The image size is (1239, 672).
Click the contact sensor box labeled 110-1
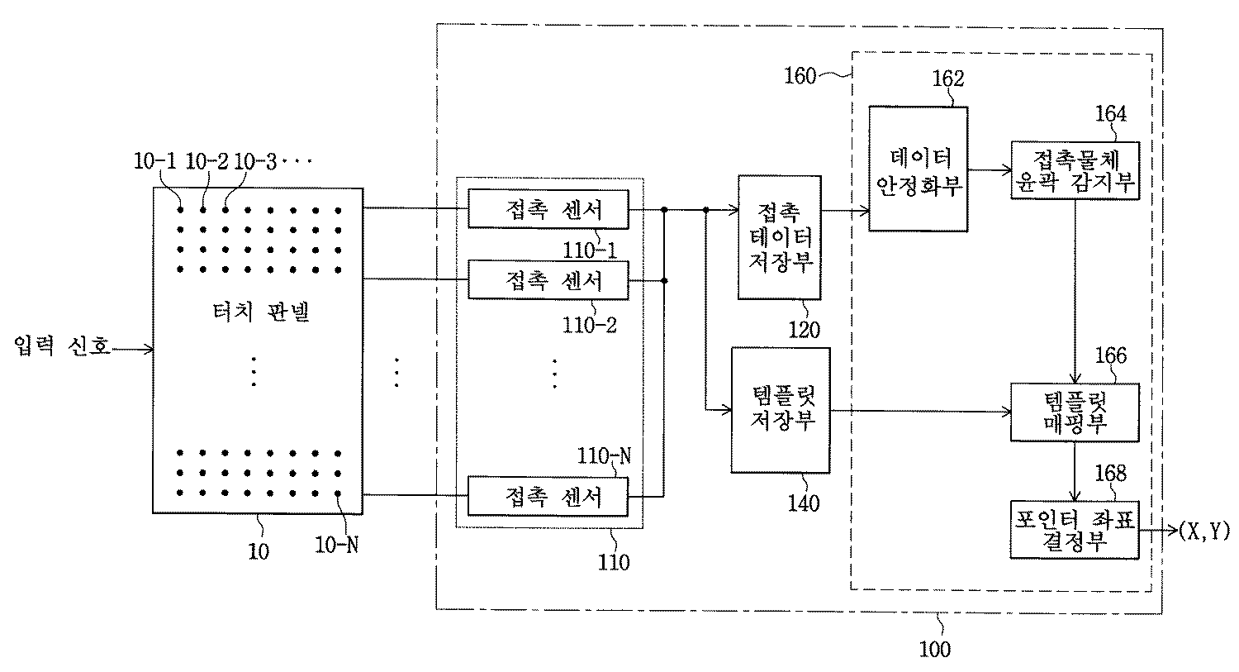pos(548,208)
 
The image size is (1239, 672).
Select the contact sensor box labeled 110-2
pos(548,280)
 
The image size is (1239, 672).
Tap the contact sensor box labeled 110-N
pos(548,496)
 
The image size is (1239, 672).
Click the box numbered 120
pos(779,237)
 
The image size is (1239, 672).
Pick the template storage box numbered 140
pos(780,409)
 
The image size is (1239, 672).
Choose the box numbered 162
pos(919,169)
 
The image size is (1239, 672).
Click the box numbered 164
pos(1075,169)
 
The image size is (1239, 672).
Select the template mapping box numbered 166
pos(1075,412)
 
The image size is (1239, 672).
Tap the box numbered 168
pos(1075,529)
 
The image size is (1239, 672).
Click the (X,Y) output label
pos(1203,531)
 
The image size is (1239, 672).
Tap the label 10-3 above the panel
pos(256,160)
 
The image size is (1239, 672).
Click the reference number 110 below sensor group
pos(613,562)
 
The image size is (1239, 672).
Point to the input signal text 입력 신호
pos(62,346)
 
